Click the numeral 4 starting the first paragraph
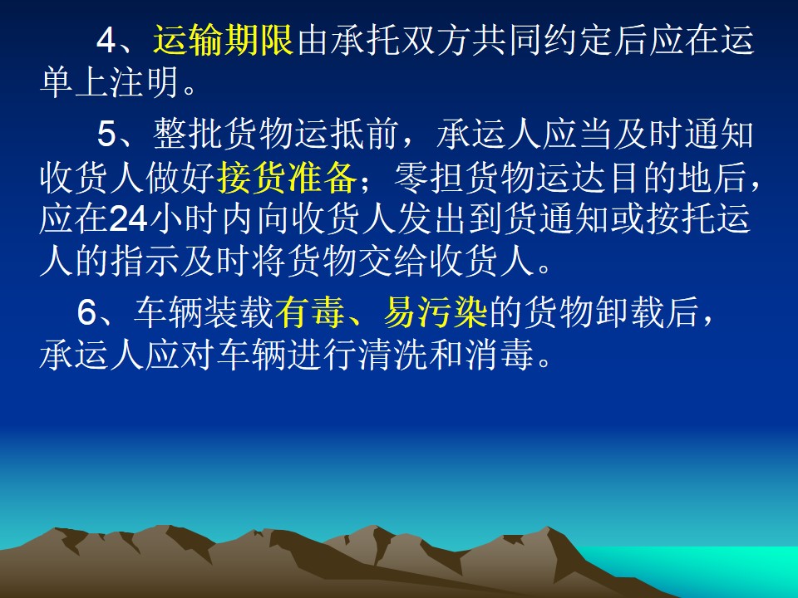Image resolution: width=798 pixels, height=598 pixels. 107,40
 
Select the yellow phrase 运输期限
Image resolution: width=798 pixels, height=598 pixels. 223,40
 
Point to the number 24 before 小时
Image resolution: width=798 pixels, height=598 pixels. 128,219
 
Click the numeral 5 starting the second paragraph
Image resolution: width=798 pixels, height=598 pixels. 107,135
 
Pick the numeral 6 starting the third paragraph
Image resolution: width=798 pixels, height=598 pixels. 87,311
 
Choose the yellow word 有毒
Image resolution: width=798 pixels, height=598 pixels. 309,311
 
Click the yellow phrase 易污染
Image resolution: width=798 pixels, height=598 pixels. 436,311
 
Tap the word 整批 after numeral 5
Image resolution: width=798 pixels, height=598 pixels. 188,135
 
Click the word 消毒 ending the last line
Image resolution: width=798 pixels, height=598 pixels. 499,354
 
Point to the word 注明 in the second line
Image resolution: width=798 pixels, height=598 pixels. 145,82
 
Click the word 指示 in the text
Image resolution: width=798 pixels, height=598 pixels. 145,262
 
